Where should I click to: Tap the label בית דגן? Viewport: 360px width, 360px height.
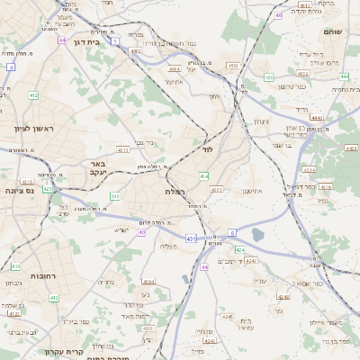point(85,42)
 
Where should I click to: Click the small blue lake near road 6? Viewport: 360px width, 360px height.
point(258,235)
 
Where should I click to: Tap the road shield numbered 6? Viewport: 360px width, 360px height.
point(231,232)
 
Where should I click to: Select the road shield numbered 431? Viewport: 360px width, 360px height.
point(191,238)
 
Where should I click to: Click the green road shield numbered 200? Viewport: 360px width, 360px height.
point(114,195)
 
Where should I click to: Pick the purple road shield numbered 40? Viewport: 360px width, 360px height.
point(142,232)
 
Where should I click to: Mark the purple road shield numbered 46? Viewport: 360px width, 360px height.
point(279,15)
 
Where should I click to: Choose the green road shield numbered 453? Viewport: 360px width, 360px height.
point(268,77)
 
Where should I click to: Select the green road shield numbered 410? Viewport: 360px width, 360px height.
point(15,266)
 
